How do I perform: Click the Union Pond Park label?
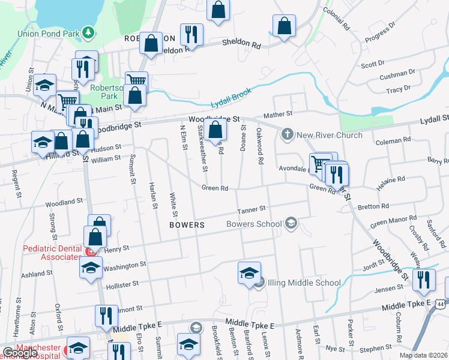tap(49, 32)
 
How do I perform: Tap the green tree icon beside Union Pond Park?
tap(88, 31)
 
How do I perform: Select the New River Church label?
tap(330, 135)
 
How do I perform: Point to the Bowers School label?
tap(254, 224)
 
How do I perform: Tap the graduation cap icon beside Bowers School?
tap(291, 224)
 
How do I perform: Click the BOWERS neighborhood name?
tap(187, 225)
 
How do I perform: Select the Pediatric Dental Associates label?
tap(52, 253)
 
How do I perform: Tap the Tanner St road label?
tap(251, 209)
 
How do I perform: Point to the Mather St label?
tap(277, 113)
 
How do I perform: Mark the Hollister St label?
tap(122, 283)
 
